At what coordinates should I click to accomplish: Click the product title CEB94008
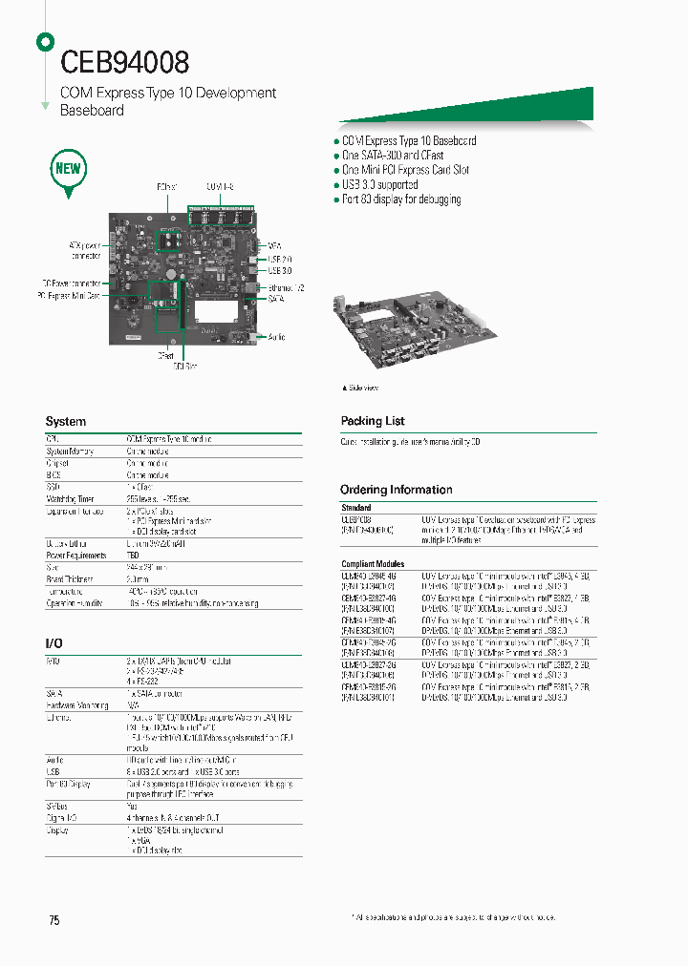tap(125, 62)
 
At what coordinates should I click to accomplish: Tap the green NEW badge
tap(69, 170)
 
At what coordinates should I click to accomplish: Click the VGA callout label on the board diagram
tap(274, 245)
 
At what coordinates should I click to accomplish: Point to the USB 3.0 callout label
tap(280, 270)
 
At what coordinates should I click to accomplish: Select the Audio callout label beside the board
tap(276, 337)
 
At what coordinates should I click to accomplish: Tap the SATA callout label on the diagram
tap(276, 299)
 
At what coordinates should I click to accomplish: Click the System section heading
tap(66, 421)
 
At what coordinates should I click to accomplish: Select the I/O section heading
tap(55, 644)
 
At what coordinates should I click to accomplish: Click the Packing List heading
tap(373, 421)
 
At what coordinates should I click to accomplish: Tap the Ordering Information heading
tap(396, 490)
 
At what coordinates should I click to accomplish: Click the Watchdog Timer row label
tap(70, 498)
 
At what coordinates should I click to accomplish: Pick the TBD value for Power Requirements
tap(133, 555)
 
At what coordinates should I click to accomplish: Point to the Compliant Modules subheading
tap(373, 564)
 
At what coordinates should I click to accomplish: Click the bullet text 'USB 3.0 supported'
tap(379, 185)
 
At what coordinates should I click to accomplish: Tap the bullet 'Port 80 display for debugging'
tap(401, 199)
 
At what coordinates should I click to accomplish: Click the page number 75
tap(54, 920)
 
